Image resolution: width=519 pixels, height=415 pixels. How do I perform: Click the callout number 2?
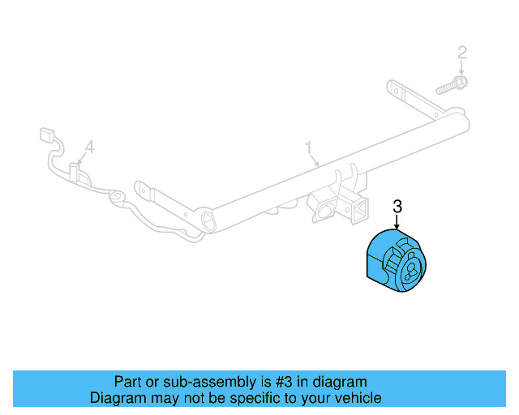pos(462,53)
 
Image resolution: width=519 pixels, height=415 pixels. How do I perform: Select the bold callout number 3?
pos(397,207)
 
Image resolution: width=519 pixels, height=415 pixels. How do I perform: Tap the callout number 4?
pos(90,147)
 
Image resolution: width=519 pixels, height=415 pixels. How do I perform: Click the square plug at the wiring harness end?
pos(46,135)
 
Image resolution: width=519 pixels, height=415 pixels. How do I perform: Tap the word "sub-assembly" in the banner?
pos(204,382)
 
